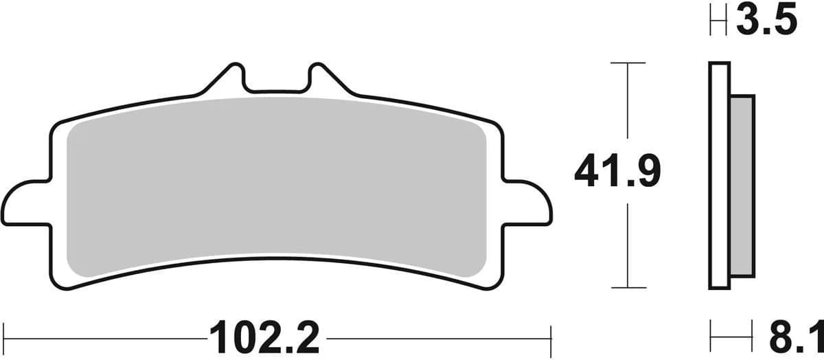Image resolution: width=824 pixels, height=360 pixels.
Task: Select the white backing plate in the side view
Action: (x=719, y=175)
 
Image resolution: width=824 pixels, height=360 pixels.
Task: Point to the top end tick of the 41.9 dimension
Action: (x=628, y=63)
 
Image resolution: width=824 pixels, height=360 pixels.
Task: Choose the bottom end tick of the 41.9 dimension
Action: (x=628, y=287)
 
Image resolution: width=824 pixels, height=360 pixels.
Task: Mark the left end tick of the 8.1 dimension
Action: (x=711, y=337)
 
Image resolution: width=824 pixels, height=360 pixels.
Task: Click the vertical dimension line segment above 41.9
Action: (x=628, y=103)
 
